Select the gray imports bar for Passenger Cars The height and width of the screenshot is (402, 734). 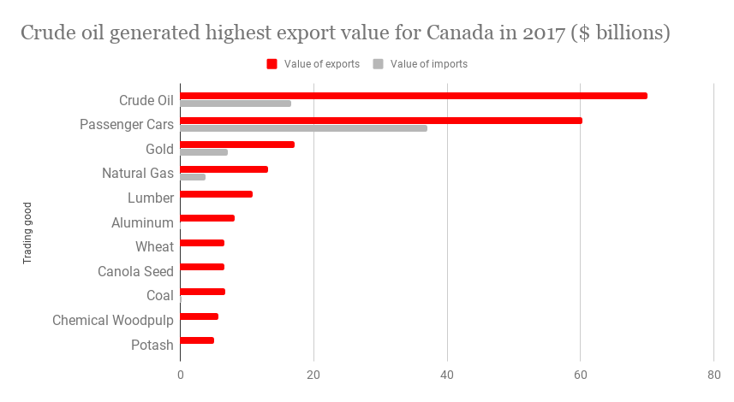pyautogui.click(x=303, y=128)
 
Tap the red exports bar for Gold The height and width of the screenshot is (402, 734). pyautogui.click(x=237, y=145)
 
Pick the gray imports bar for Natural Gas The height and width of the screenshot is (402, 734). pyautogui.click(x=193, y=177)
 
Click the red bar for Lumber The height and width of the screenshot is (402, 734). pyautogui.click(x=216, y=194)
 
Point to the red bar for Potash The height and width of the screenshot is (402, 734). pyautogui.click(x=197, y=340)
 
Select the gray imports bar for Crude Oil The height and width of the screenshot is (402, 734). pyautogui.click(x=236, y=103)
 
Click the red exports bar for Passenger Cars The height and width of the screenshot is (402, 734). pyautogui.click(x=381, y=121)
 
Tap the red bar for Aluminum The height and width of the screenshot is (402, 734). pyautogui.click(x=207, y=218)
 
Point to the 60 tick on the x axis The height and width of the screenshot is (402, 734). pyautogui.click(x=581, y=375)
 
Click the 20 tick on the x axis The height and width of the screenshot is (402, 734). pyautogui.click(x=313, y=375)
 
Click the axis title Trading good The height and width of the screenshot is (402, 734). pyautogui.click(x=27, y=232)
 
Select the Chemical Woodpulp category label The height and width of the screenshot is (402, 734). pyautogui.click(x=113, y=321)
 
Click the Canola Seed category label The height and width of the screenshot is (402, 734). pyautogui.click(x=135, y=272)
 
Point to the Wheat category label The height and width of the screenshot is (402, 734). pyautogui.click(x=154, y=247)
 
